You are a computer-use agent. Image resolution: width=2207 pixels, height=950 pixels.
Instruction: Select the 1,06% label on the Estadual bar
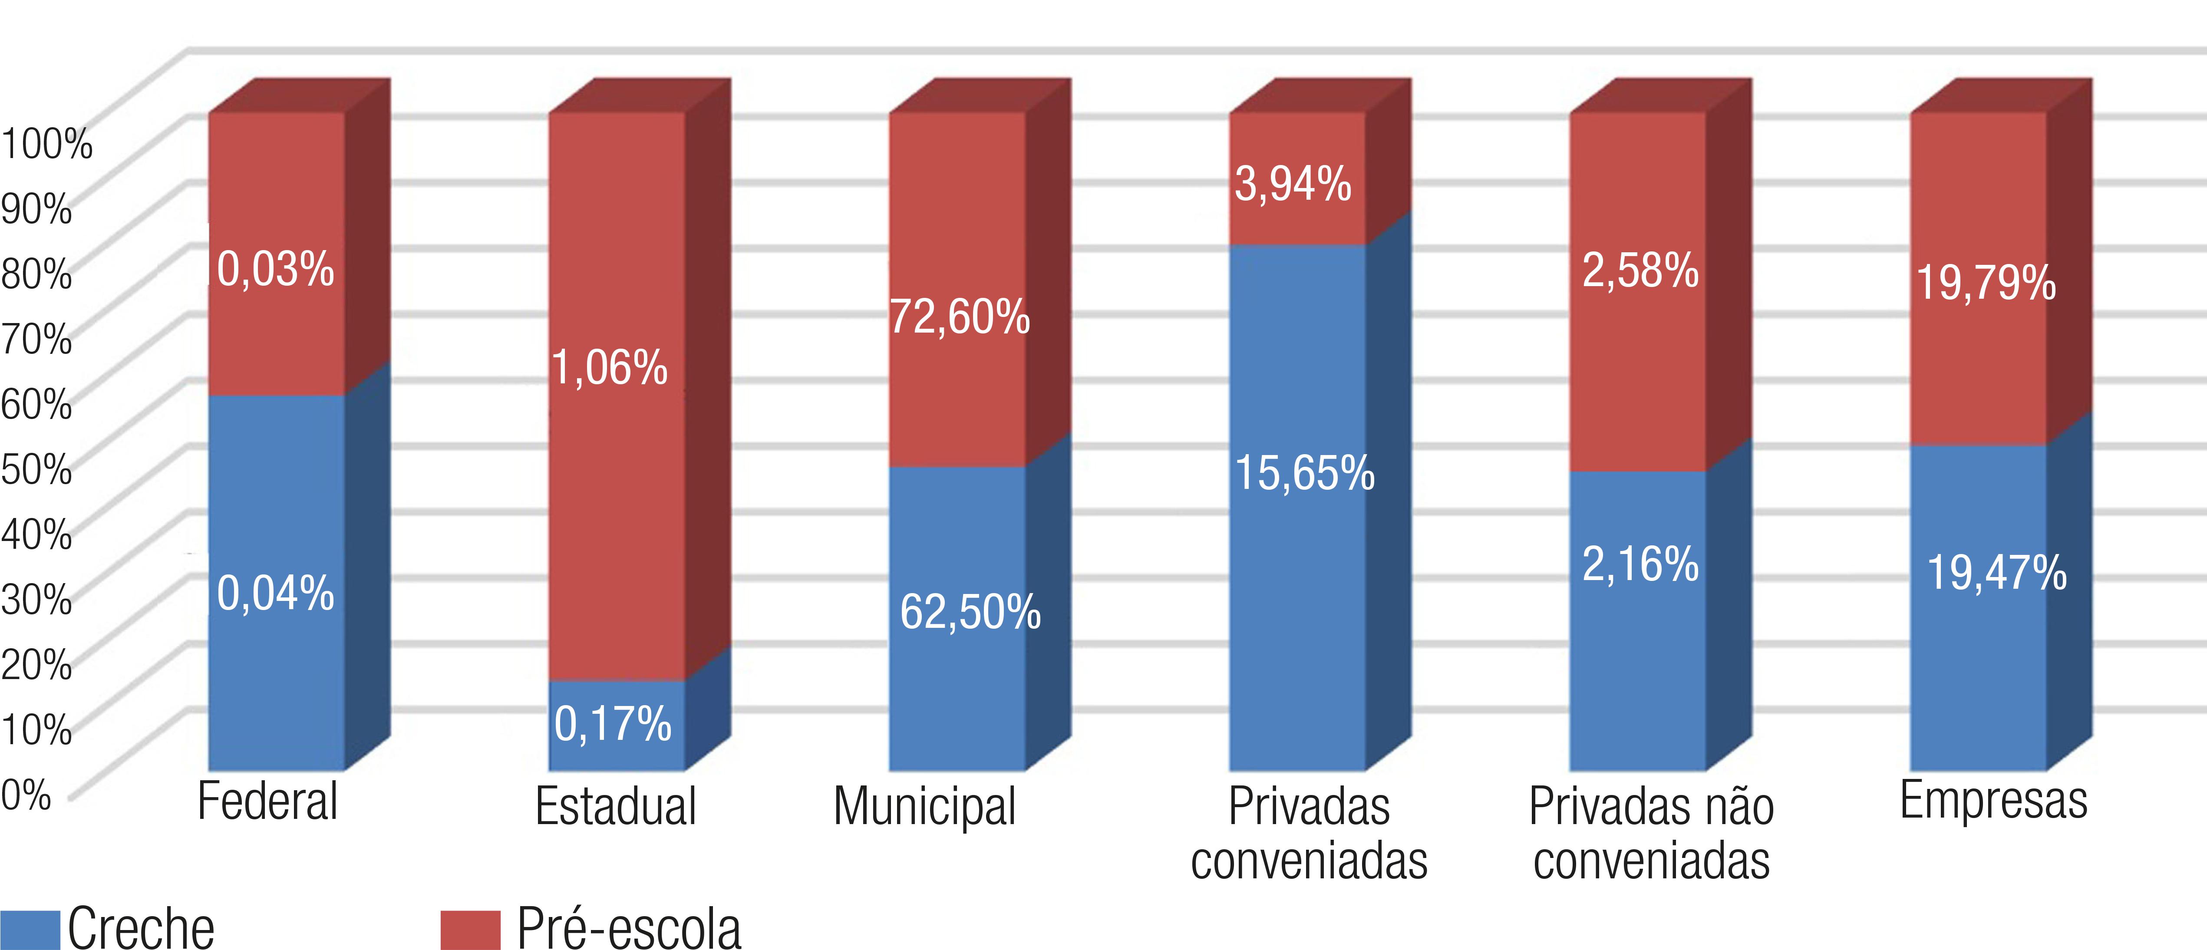(x=609, y=368)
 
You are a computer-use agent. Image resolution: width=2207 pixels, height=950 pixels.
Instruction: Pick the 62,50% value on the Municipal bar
(x=970, y=613)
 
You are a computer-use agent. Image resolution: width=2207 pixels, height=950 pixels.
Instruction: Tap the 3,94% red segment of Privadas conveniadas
(x=1293, y=184)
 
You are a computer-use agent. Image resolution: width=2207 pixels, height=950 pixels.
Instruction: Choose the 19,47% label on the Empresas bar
(x=1996, y=573)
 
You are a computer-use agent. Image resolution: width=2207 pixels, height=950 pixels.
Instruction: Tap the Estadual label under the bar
(x=615, y=807)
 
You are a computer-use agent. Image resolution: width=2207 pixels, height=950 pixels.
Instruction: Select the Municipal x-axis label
(x=924, y=807)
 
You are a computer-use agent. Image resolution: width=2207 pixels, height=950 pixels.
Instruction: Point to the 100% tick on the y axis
(x=46, y=143)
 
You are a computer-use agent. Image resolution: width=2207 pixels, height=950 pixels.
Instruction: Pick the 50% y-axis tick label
(x=36, y=468)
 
